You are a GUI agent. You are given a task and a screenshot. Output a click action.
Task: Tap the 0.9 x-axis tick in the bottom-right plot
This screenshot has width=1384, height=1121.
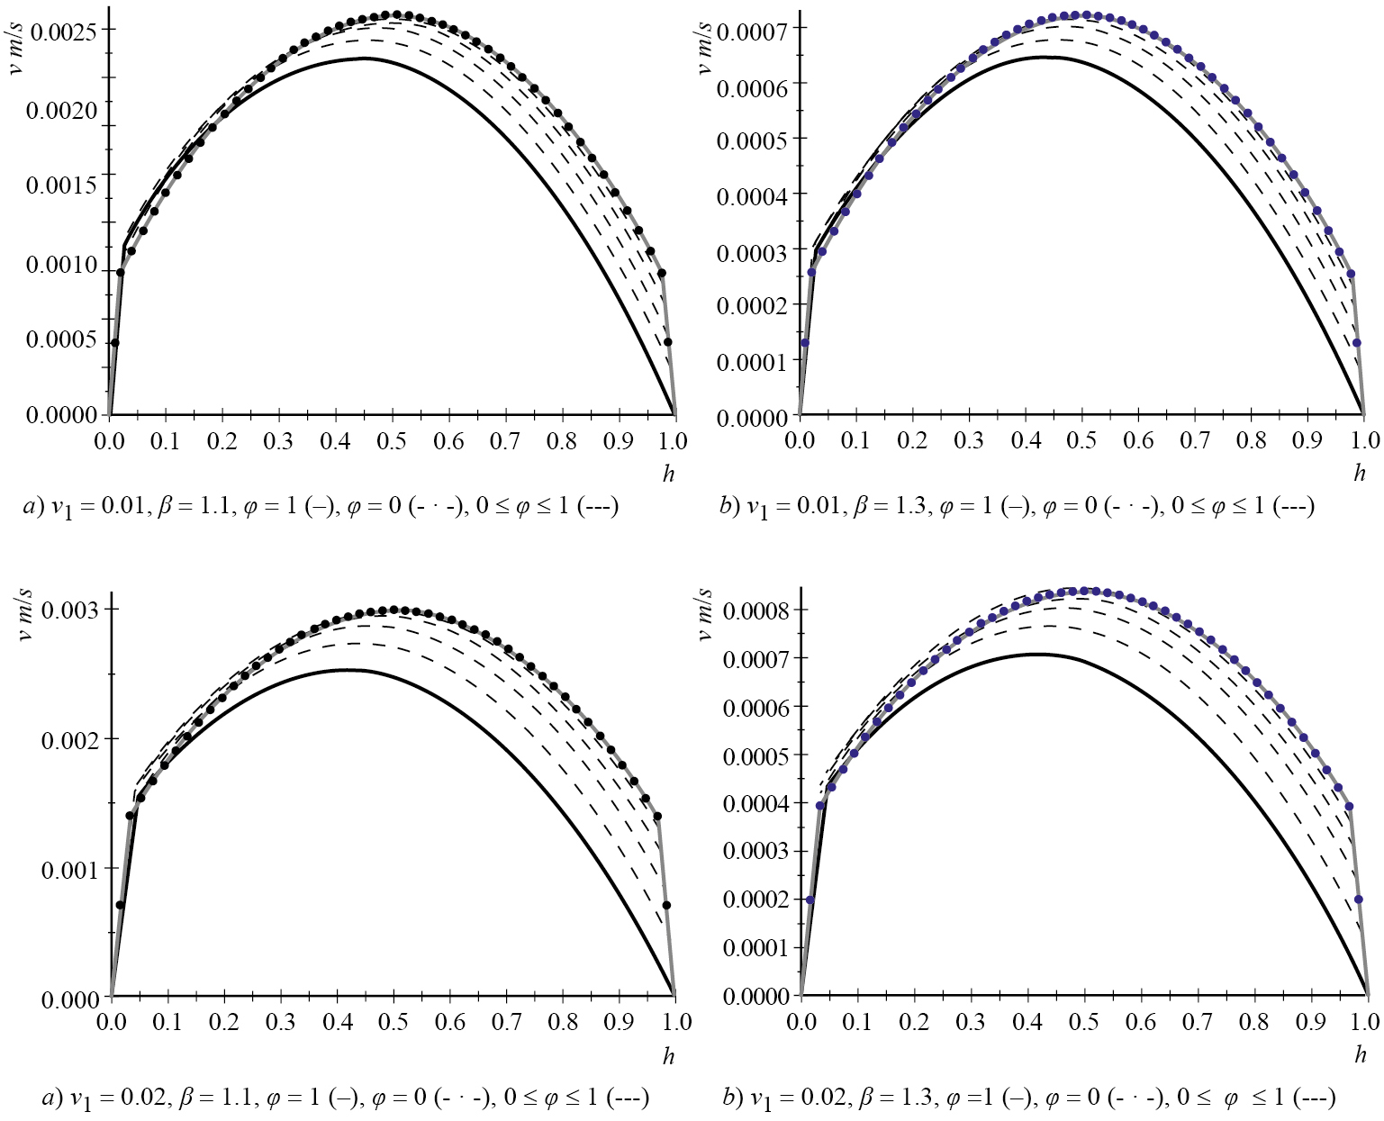point(1310,1022)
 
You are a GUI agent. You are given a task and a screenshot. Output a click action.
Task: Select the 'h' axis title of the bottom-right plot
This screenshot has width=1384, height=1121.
point(1360,1054)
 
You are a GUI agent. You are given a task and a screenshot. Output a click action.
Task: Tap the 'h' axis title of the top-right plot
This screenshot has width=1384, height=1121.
point(1360,473)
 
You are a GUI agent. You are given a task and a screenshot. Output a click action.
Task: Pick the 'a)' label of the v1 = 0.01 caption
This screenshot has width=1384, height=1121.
point(33,507)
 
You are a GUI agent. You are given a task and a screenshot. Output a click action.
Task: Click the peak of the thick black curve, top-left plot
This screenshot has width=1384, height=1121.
point(367,59)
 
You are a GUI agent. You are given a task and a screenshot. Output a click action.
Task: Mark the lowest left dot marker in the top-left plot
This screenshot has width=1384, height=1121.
point(114,343)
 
